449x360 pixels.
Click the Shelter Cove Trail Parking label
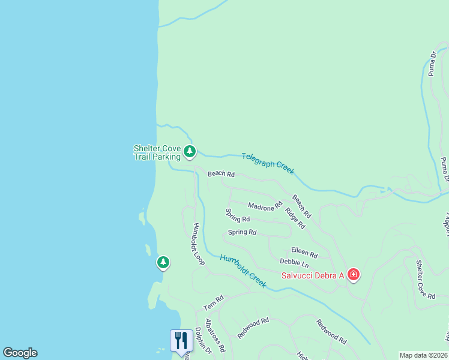pos(157,152)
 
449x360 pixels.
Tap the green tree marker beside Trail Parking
pos(190,151)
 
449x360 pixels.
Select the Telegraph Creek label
pos(268,163)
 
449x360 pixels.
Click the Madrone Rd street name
pos(265,206)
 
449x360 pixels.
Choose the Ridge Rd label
pos(295,218)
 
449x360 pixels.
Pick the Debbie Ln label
pos(294,263)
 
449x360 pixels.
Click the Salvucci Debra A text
pos(313,275)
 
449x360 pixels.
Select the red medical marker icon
pos(354,275)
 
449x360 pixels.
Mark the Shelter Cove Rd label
pos(426,279)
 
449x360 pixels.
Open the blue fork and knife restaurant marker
pos(181,340)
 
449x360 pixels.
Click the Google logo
pos(20,353)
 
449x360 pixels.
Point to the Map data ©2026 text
pos(424,355)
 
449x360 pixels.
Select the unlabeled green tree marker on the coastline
pos(163,262)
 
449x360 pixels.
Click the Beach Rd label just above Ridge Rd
pos(302,206)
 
